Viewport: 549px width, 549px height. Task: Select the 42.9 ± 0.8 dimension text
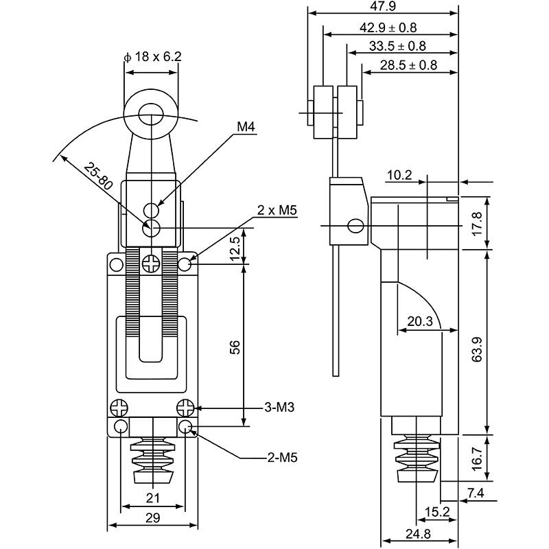tap(388, 27)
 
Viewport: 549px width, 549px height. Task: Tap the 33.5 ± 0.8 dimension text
tap(397, 46)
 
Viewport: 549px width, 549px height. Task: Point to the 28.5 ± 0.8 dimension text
tap(408, 65)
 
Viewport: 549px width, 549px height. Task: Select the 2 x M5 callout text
tap(277, 209)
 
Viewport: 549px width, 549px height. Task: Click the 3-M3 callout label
tap(279, 408)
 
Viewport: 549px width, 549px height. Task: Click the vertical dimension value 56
tap(235, 349)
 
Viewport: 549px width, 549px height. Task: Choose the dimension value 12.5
tap(235, 248)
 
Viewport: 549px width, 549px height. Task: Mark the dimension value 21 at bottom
tap(154, 498)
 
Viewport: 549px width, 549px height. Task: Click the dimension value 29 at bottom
tap(154, 518)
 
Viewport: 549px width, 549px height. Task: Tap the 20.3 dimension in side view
tap(419, 321)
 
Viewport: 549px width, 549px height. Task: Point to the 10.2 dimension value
tap(399, 176)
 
